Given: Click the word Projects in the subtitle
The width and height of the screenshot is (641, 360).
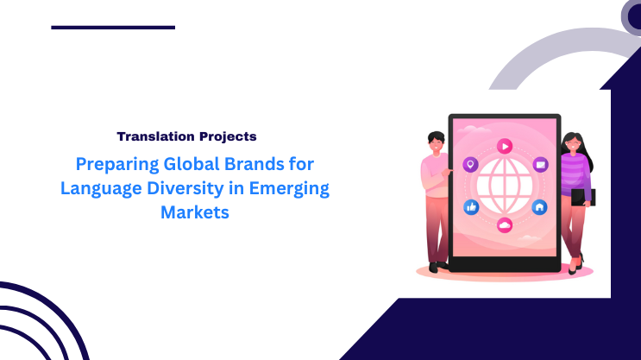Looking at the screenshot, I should click(226, 136).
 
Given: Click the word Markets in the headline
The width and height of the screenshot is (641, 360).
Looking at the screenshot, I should click(195, 212).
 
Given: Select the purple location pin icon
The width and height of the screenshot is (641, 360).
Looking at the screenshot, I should click(470, 164).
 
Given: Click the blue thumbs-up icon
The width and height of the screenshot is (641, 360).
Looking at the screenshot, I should click(471, 207).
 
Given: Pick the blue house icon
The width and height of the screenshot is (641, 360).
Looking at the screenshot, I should click(539, 207).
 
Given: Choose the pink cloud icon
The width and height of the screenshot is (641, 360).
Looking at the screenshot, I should click(505, 225).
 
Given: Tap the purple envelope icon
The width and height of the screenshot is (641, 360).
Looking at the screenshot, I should click(541, 164).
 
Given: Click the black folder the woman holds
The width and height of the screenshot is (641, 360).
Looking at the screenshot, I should click(583, 197).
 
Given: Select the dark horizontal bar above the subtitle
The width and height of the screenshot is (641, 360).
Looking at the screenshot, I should click(113, 28).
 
